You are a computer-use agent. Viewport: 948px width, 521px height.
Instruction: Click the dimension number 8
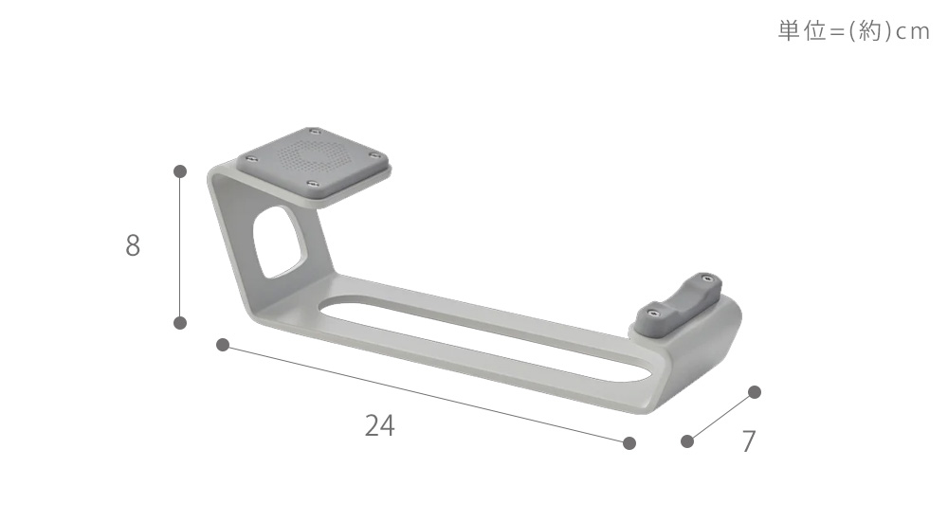tap(133, 245)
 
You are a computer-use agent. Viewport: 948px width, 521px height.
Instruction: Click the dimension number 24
tap(380, 425)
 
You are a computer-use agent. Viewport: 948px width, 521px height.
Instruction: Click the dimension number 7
tap(749, 441)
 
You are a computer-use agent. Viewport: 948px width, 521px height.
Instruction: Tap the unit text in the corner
tap(854, 31)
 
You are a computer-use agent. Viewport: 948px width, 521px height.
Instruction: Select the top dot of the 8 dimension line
tap(179, 171)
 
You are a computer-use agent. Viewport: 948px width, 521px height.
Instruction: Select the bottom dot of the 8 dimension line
tap(179, 323)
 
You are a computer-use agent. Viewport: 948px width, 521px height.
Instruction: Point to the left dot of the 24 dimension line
tap(223, 345)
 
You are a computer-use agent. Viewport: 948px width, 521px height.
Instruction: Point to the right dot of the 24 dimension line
tap(629, 443)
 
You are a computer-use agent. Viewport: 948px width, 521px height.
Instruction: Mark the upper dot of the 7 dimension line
tap(754, 391)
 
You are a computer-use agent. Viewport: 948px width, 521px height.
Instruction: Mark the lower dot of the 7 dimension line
tap(686, 441)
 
